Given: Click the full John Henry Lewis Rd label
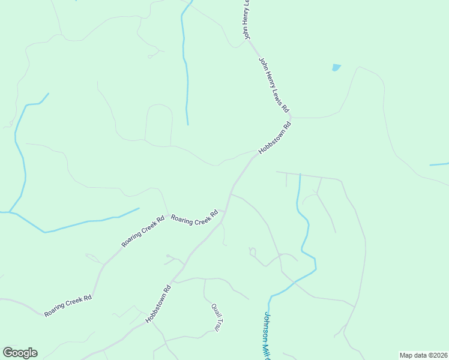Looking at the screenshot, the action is click(274, 85).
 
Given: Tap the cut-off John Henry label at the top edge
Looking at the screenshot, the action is click(246, 20).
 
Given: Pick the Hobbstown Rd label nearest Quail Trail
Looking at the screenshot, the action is click(158, 304).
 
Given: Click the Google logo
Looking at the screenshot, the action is click(20, 353).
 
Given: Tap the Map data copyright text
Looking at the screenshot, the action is click(423, 355).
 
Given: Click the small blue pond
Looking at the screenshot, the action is click(336, 68).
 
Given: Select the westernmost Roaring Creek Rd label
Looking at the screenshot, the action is click(68, 305).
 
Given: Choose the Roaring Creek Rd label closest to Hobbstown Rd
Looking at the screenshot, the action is click(194, 218).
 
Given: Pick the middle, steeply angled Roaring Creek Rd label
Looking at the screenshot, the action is click(143, 232).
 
